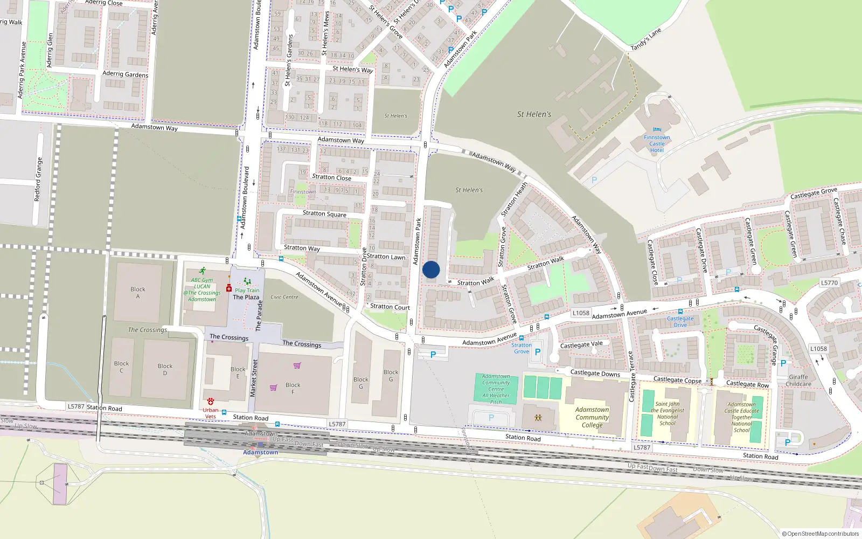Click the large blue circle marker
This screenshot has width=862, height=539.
(431, 269)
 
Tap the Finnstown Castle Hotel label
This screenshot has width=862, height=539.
(657, 143)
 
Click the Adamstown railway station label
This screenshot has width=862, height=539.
(260, 452)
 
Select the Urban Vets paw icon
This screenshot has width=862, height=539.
(210, 402)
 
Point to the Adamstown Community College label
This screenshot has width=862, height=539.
(592, 417)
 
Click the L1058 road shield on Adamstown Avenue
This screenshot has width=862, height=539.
(581, 313)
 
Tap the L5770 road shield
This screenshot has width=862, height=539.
(830, 282)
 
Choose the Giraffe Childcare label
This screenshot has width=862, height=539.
(798, 381)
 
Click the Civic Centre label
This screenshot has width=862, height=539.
(284, 297)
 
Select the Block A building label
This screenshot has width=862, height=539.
(138, 293)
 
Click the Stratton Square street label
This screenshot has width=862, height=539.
(324, 213)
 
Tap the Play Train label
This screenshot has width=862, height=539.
(247, 290)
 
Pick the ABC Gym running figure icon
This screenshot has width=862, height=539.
(202, 271)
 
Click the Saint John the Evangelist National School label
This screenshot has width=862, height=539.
(667, 413)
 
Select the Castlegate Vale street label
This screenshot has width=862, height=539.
(581, 344)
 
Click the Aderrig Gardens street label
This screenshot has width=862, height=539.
(125, 74)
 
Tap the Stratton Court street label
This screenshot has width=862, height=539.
(390, 307)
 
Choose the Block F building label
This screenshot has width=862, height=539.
(293, 388)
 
